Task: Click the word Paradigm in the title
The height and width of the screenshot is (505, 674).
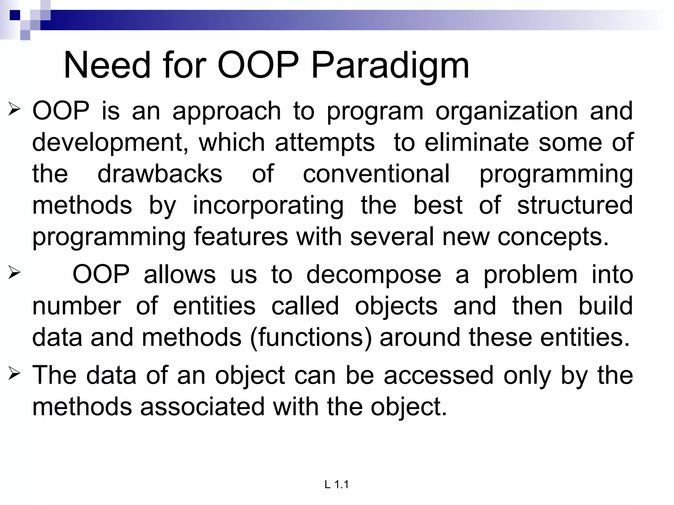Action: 390,66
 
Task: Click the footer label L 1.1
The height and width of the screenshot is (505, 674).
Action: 336,484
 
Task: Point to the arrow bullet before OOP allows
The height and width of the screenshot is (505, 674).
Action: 14,273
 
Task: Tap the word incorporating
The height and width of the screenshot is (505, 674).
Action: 268,205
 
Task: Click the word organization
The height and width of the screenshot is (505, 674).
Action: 506,111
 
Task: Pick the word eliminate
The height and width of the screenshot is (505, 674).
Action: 477,142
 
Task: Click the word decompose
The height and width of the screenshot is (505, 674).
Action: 374,275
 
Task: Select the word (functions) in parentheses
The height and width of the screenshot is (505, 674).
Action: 311,338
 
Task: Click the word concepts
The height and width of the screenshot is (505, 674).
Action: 553,237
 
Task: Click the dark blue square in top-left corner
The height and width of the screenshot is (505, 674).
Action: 15,15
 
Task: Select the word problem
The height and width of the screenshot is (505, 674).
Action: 530,275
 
